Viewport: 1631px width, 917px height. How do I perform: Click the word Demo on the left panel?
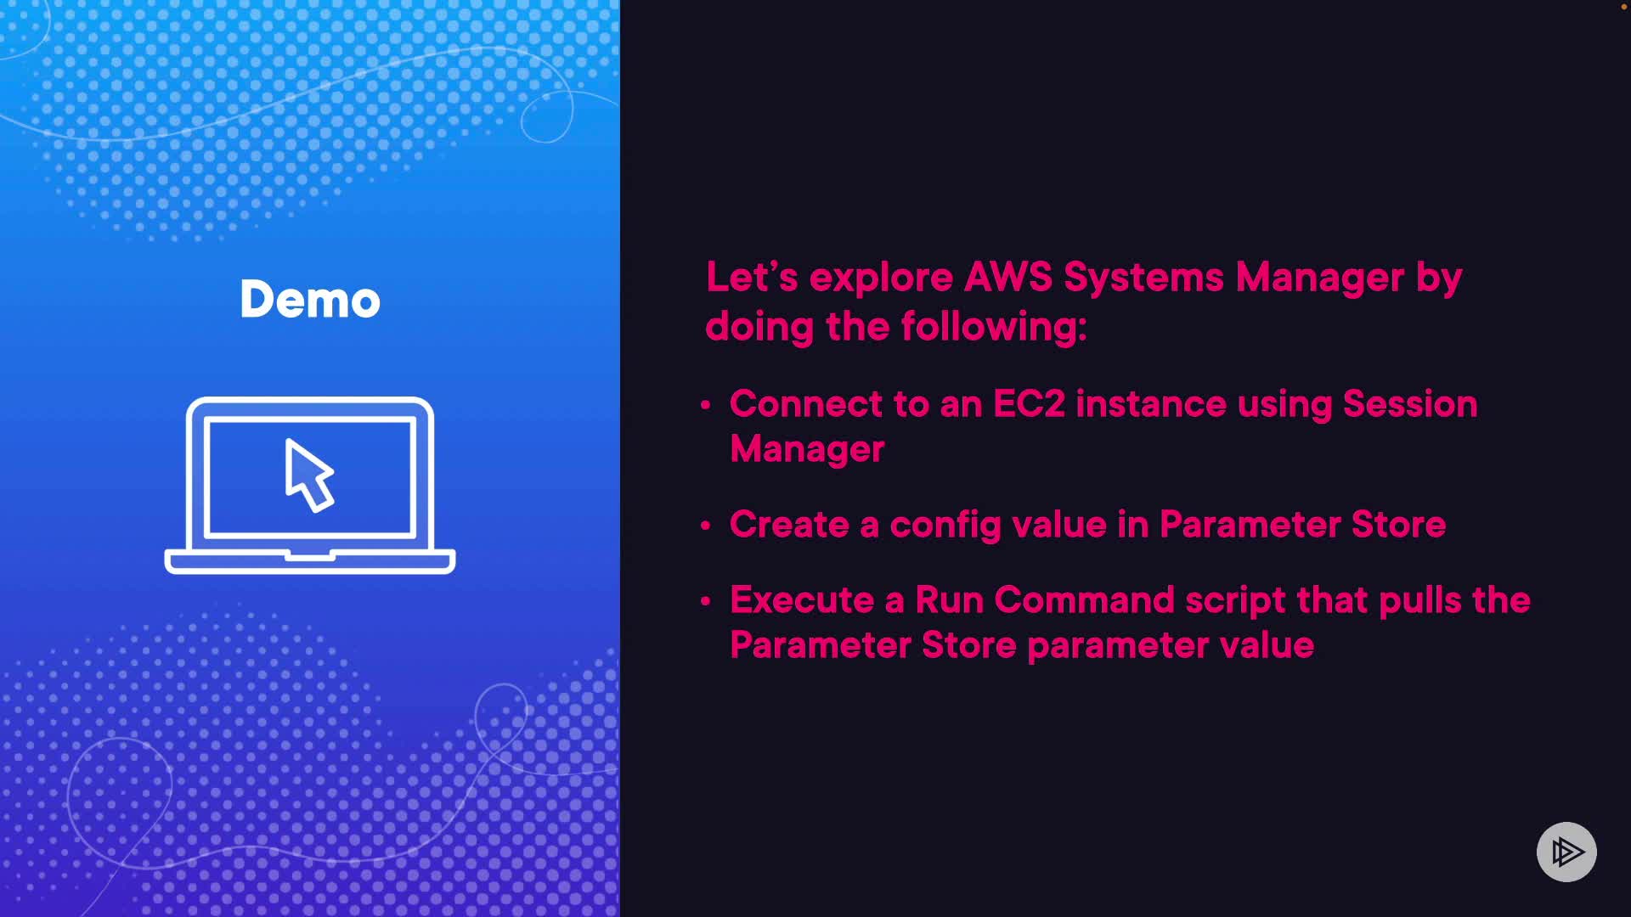coord(310,299)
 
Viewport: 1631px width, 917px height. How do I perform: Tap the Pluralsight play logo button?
coord(1566,852)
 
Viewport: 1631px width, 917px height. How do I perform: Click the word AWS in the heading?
coord(1008,277)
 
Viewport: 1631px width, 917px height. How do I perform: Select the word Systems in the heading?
coord(1143,278)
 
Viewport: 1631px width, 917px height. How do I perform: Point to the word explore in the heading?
coord(881,278)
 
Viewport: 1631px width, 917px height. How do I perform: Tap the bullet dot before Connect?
coord(705,405)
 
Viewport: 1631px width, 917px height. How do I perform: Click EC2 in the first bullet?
coord(1029,404)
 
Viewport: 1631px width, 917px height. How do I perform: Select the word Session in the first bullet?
coord(1410,404)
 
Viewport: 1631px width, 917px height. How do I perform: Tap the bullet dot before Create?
coord(705,526)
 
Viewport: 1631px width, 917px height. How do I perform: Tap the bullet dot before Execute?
coord(705,601)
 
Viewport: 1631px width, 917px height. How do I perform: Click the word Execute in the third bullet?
coord(802,600)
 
